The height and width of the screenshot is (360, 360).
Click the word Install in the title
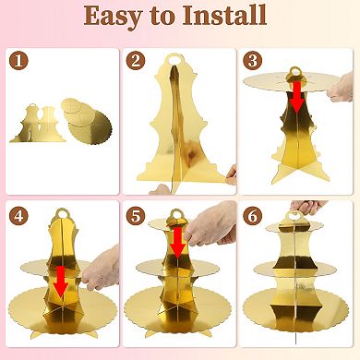(x=222, y=17)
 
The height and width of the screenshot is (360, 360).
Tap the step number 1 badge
(x=17, y=60)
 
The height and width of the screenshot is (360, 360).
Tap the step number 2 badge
(x=137, y=61)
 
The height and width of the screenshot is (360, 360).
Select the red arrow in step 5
(x=176, y=241)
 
